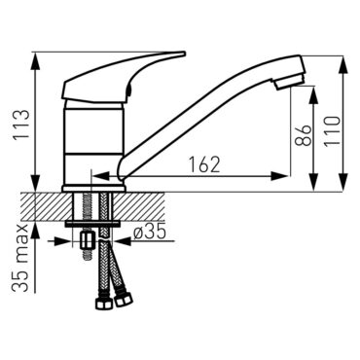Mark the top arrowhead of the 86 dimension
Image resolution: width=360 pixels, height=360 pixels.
point(312,90)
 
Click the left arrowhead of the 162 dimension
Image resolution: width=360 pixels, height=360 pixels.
point(95,175)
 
